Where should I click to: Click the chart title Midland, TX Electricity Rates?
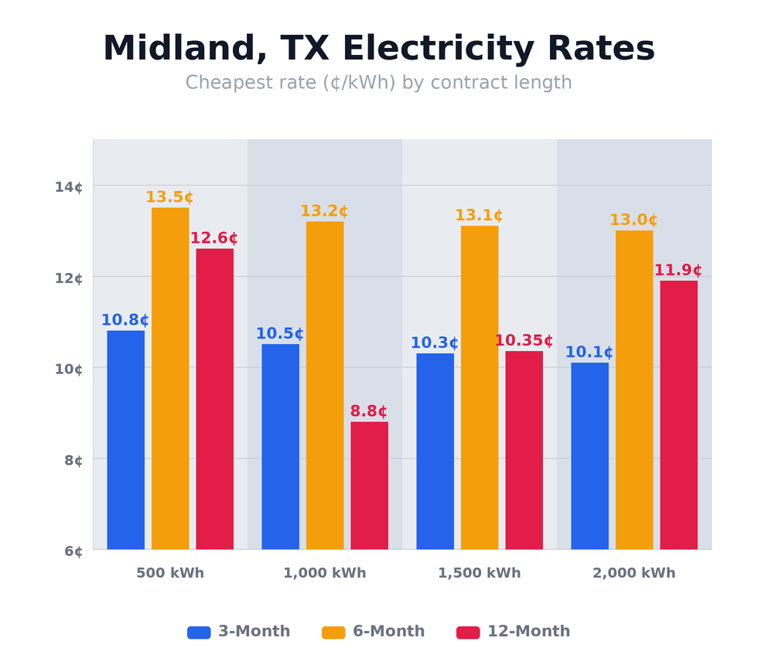tap(379, 49)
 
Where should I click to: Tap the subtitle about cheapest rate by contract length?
tap(379, 83)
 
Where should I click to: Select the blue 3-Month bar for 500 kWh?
tap(125, 440)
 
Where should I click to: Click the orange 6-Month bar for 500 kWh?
tap(170, 378)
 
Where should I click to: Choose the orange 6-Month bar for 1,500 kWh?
tap(480, 387)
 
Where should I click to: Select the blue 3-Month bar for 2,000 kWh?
tap(589, 456)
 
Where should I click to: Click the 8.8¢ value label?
tap(369, 411)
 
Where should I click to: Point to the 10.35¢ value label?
tap(524, 341)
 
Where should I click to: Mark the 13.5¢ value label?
tap(169, 197)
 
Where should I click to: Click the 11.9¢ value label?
tap(678, 271)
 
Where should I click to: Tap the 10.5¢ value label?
tap(280, 334)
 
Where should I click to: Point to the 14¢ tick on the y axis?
tap(69, 186)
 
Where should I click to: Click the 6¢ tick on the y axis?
tap(73, 551)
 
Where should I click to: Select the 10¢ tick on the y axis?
tap(69, 369)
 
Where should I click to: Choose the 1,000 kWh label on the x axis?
tap(325, 573)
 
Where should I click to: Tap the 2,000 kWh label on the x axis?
tap(634, 573)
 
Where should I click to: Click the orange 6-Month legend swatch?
tap(333, 633)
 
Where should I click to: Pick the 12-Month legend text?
tap(528, 632)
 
